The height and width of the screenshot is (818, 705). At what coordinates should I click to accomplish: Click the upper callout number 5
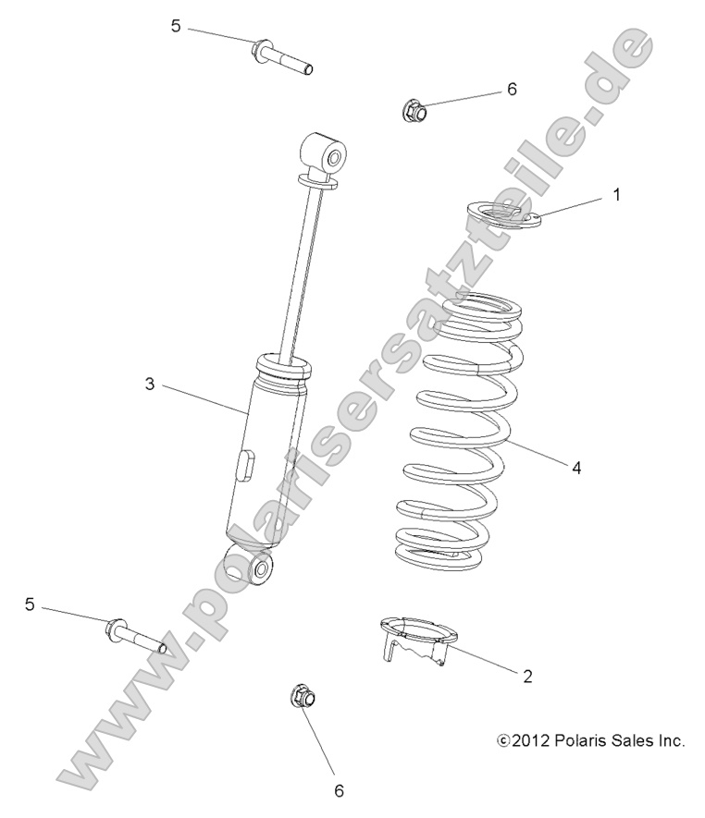(176, 26)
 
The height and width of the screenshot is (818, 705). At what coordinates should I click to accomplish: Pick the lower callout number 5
(30, 604)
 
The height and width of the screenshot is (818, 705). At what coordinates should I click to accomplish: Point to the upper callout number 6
(512, 90)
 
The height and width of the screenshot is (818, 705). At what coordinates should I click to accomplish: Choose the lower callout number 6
(339, 790)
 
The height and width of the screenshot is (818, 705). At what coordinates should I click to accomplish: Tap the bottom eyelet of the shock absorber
(250, 567)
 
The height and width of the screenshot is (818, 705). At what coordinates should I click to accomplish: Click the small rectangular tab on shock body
(247, 463)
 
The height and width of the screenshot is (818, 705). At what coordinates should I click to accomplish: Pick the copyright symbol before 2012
(504, 740)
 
